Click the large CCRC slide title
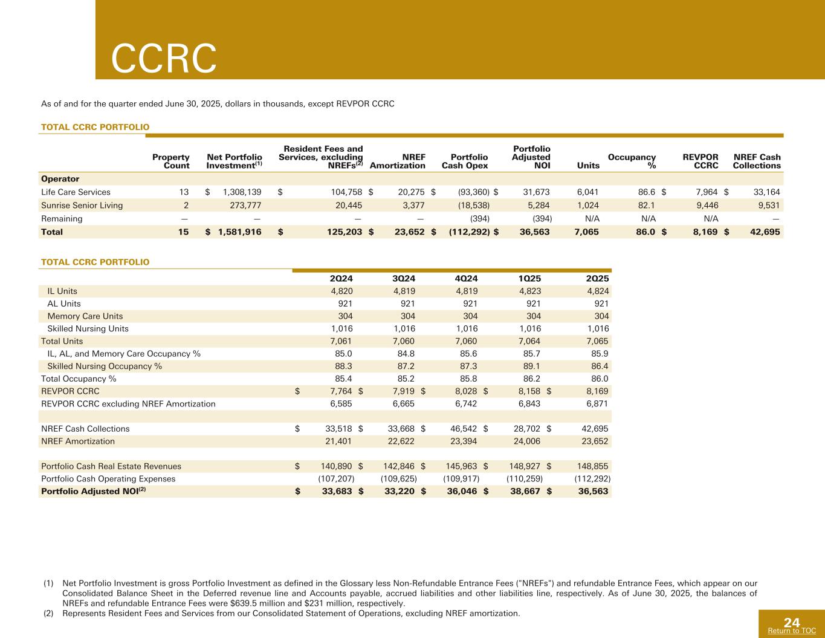[x=164, y=58]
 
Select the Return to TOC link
[x=791, y=631]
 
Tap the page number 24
[x=792, y=622]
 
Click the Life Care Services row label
[x=76, y=192]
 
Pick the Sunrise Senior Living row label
[x=82, y=205]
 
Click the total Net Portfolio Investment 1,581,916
[x=239, y=232]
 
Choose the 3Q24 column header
[x=403, y=278]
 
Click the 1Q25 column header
[x=529, y=278]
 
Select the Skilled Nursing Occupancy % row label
[x=105, y=366]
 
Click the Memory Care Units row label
[x=85, y=316]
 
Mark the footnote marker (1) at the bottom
[x=49, y=584]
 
